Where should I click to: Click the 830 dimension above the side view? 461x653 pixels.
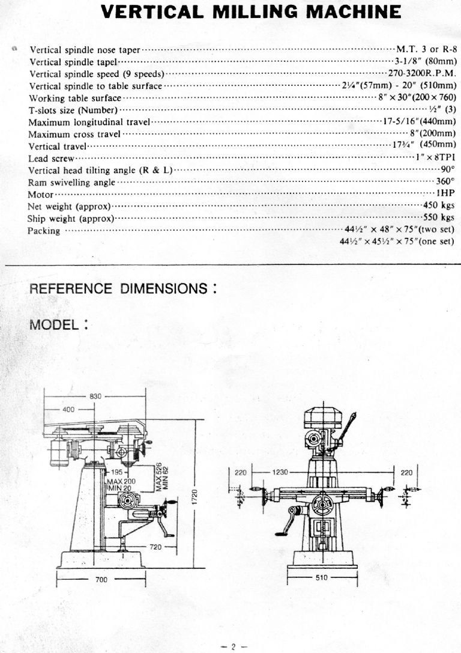coord(95,396)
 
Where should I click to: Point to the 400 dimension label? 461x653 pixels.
coord(68,409)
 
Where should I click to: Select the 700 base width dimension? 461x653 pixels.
coord(101,579)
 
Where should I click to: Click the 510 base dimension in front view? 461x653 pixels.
coord(322,578)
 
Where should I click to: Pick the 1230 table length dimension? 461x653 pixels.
coord(280,472)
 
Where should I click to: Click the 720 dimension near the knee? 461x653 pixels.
coord(155,547)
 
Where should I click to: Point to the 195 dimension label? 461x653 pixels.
coord(117,472)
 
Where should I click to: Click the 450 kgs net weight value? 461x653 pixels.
coord(439,205)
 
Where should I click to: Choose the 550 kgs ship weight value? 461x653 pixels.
coord(439,217)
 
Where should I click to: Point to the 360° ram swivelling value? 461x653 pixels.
coord(445,181)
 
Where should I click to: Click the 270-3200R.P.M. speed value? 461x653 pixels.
coord(422,73)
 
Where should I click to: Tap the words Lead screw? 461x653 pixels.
coord(51,159)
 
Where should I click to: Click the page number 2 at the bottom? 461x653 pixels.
coord(234,647)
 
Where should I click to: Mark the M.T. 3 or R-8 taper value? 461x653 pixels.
coord(427,49)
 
